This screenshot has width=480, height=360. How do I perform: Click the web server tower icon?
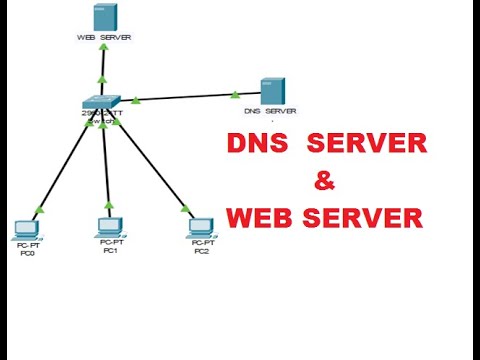tap(102, 17)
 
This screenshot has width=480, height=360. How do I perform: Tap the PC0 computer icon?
tap(27, 229)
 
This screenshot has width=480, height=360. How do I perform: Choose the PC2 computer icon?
tap(202, 228)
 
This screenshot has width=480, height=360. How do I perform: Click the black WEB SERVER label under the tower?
tap(103, 38)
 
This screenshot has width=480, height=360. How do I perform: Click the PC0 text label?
tap(27, 253)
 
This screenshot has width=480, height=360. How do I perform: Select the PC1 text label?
tap(111, 250)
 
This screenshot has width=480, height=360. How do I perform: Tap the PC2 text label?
tap(202, 250)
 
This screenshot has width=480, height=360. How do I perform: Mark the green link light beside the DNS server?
tap(236, 95)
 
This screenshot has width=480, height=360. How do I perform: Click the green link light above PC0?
tap(38, 210)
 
